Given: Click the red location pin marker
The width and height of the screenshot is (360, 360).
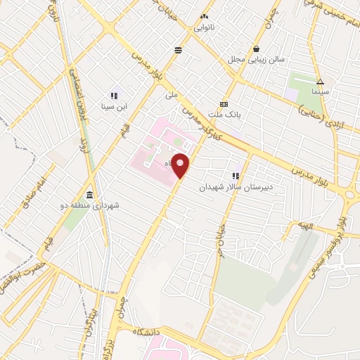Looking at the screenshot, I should pyautogui.click(x=181, y=166).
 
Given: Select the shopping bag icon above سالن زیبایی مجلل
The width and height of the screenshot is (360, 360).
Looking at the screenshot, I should pyautogui.click(x=257, y=49).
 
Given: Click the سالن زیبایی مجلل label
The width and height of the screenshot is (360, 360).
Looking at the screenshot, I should pyautogui.click(x=256, y=60).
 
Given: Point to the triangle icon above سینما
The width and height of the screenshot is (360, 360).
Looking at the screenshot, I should pyautogui.click(x=320, y=81).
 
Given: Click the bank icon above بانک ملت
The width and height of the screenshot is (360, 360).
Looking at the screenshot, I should pyautogui.click(x=224, y=102).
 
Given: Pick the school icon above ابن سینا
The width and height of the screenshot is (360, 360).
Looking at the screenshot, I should pyautogui.click(x=113, y=96).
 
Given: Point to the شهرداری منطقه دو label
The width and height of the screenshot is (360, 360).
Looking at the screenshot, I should pyautogui.click(x=89, y=205).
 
